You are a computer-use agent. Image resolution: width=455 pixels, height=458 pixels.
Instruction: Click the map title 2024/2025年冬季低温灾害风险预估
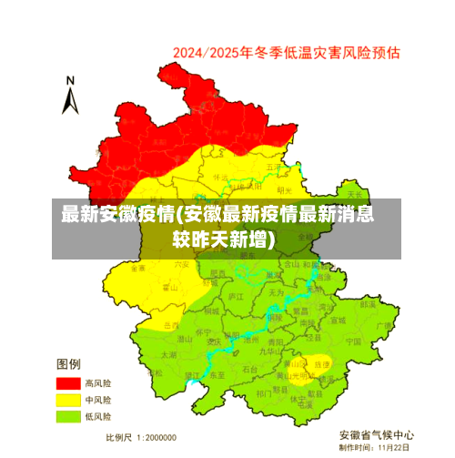pos(287,53)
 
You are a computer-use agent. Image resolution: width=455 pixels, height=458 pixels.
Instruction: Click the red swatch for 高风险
pos(68,383)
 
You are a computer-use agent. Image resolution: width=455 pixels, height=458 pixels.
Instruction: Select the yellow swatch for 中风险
pos(68,400)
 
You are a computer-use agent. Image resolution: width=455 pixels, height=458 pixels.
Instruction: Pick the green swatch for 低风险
pos(68,416)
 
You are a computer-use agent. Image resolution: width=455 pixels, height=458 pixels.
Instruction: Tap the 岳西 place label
pos(170,325)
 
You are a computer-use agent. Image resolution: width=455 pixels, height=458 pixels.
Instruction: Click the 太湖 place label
pos(169,354)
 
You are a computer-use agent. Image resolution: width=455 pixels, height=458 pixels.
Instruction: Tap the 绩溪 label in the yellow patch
pos(322,363)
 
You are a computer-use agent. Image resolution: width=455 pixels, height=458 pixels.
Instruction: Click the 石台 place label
pos(249,369)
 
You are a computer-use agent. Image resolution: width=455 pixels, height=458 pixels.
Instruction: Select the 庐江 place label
pos(236,297)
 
